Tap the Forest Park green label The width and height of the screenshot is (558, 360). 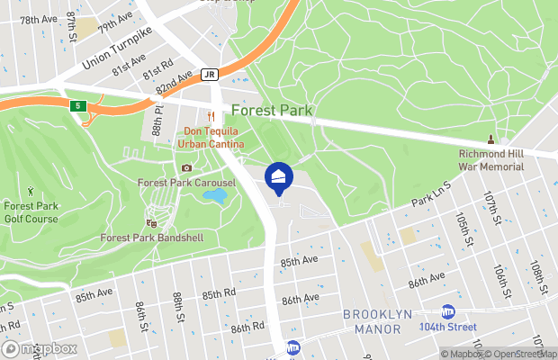click(272, 111)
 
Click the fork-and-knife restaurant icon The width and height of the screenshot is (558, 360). click(211, 116)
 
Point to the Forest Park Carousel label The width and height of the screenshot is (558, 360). click(186, 183)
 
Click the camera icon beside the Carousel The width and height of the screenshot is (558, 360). click(186, 167)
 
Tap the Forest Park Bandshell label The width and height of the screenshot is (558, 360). click(152, 238)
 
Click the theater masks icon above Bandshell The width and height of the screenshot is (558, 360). click(151, 221)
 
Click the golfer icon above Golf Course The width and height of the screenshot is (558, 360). click(31, 192)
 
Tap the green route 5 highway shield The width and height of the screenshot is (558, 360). click(79, 106)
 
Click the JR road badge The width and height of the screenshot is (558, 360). click(210, 75)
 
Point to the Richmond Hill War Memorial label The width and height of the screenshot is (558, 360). click(490, 159)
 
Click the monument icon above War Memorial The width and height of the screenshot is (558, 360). click(490, 139)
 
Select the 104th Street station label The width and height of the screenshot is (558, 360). click(447, 326)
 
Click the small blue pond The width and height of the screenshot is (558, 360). click(214, 194)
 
